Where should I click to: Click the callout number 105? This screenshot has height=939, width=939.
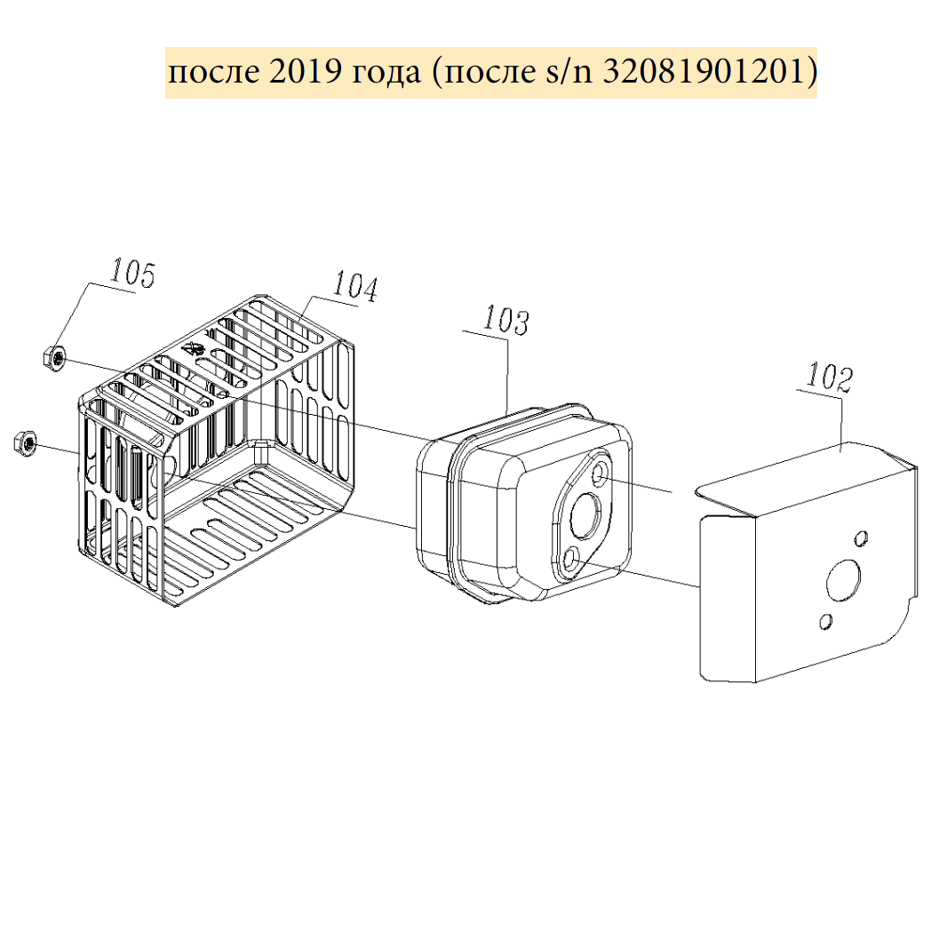(132, 274)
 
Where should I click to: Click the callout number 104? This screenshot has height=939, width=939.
(355, 285)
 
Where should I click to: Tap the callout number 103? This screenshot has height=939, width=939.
(506, 320)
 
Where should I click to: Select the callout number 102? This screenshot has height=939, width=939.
(830, 377)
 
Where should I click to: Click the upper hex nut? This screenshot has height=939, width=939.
(54, 359)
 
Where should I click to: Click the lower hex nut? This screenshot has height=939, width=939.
(25, 442)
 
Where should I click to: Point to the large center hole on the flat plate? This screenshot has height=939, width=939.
(842, 580)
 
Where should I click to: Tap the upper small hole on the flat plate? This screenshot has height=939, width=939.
(861, 537)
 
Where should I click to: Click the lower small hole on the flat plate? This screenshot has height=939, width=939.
(824, 621)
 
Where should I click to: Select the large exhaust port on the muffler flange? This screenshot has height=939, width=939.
(585, 515)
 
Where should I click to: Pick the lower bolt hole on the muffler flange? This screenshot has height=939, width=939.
(571, 559)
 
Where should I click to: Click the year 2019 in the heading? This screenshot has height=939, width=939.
(306, 72)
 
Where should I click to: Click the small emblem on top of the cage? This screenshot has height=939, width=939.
(194, 348)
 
